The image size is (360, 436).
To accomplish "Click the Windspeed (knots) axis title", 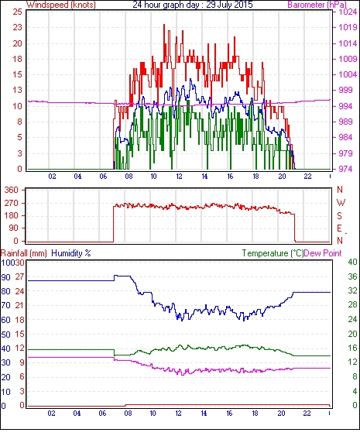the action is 61,5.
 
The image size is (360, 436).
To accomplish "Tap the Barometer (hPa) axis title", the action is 317,5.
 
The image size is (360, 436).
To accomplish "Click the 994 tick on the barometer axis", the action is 345,106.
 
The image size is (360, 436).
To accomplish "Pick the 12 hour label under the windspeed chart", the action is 179,177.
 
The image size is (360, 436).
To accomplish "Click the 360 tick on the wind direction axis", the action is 11,190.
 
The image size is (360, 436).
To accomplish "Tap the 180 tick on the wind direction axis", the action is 11,216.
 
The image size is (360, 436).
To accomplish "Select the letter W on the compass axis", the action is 341,203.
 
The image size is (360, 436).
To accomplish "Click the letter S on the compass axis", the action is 339,216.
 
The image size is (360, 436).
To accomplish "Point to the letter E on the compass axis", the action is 339,228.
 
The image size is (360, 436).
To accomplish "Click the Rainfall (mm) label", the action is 24,253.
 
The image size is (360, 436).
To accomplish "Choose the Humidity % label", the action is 71,253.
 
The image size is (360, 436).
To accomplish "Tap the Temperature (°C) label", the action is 273,253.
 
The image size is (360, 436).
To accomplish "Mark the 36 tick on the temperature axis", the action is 352,276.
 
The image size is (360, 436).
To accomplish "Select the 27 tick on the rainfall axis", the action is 19,276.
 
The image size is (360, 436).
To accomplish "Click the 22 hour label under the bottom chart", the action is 307,414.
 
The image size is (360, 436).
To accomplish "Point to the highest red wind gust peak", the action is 164,25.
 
